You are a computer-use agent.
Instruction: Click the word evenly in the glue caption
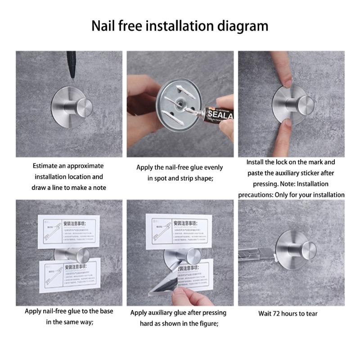209,167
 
